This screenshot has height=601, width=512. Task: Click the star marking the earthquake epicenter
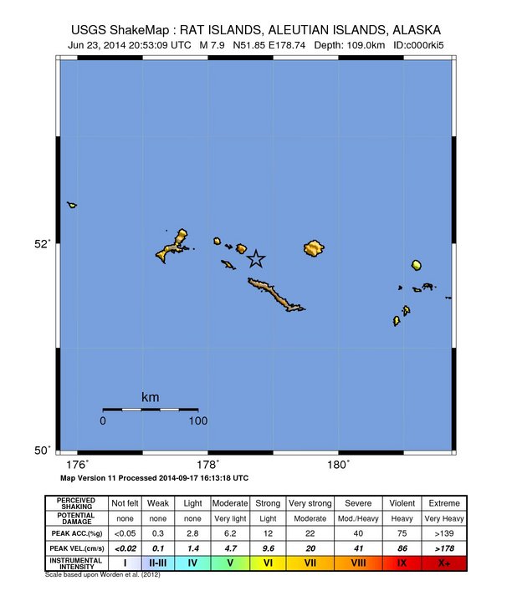pos(256,258)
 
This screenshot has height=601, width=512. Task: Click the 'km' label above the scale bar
pos(151,397)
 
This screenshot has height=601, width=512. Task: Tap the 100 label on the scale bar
pos(197,420)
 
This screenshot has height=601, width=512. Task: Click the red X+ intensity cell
pos(443,563)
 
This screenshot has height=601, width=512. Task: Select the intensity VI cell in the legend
pos(269,563)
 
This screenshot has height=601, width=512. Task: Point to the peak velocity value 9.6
pos(269,548)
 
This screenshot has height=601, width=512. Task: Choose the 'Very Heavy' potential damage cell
pos(443,517)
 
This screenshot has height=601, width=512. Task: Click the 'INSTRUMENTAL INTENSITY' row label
pos(75,563)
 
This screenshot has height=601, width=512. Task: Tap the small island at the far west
pos(72,205)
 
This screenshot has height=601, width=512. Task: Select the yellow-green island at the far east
pos(416,265)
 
